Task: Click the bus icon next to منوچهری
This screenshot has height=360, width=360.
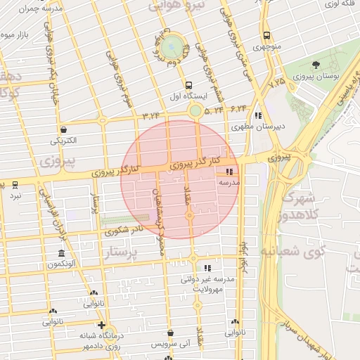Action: (266, 36)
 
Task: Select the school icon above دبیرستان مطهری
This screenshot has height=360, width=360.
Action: (258, 115)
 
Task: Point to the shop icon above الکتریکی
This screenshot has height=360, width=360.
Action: (64, 129)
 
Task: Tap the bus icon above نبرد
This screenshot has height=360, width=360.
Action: (15, 184)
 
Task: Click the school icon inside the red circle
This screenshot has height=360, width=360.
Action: (229, 171)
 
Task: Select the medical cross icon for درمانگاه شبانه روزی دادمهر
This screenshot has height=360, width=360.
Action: (102, 325)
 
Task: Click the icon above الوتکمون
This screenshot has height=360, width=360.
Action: (61, 253)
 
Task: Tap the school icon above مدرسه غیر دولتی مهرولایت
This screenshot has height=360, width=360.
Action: (207, 268)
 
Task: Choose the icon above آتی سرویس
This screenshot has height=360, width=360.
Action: (170, 333)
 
